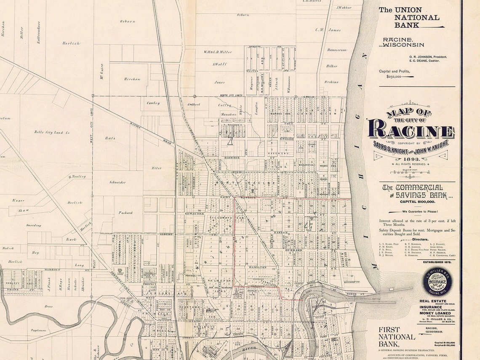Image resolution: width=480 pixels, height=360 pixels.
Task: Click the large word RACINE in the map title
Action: click(x=411, y=129)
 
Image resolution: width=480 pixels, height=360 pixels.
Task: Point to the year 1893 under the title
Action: click(x=411, y=159)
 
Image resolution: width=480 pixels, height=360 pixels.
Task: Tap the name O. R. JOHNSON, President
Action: click(x=427, y=57)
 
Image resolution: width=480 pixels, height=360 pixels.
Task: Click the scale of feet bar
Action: click(x=411, y=172)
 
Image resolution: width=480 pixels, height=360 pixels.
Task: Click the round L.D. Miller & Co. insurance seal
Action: click(x=437, y=281)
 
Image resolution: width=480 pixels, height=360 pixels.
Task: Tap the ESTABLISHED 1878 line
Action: click(x=439, y=262)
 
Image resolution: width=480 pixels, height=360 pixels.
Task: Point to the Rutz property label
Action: click(x=110, y=138)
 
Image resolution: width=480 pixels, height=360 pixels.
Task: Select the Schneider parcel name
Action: click(x=117, y=182)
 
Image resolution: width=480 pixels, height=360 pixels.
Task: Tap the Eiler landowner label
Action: click(x=156, y=168)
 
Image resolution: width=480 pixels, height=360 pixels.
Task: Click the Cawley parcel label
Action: click(x=153, y=103)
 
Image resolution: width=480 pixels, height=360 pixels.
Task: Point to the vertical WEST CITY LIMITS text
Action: click(x=91, y=126)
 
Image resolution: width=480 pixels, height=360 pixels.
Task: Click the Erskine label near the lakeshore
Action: click(x=331, y=82)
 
